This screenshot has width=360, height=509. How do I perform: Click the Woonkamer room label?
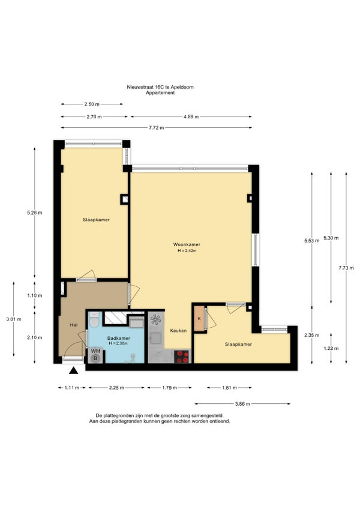pyautogui.click(x=187, y=244)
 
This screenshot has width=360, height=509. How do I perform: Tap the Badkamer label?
pyautogui.click(x=118, y=339)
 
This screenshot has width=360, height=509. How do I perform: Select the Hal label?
pyautogui.click(x=74, y=325)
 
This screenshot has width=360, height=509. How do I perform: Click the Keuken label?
pyautogui.click(x=179, y=331)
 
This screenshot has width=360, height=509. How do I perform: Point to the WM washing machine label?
pyautogui.click(x=95, y=351)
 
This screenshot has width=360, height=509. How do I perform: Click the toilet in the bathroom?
pyautogui.click(x=94, y=320)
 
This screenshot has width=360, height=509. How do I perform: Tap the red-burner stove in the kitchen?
pyautogui.click(x=182, y=357)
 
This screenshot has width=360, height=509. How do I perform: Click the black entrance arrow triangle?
pyautogui.click(x=74, y=370)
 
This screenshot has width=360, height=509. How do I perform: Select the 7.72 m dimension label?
pyautogui.click(x=157, y=128)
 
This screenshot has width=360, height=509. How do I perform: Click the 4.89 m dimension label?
pyautogui.click(x=191, y=116)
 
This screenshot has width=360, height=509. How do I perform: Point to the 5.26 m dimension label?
pyautogui.click(x=35, y=213)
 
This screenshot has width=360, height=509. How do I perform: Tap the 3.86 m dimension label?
pyautogui.click(x=242, y=404)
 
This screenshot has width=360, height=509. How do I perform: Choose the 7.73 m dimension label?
pyautogui.click(x=346, y=268)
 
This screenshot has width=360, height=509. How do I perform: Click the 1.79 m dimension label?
pyautogui.click(x=169, y=388)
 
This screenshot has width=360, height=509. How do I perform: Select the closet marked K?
pyautogui.click(x=199, y=319)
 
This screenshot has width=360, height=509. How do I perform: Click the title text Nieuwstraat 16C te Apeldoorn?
pyautogui.click(x=160, y=87)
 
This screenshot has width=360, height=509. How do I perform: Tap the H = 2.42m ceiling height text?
pyautogui.click(x=187, y=251)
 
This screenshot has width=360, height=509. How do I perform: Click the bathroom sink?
pyautogui.click(x=136, y=322)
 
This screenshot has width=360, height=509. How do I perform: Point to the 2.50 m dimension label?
pyautogui.click(x=92, y=104)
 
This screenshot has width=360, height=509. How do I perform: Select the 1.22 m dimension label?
pyautogui.click(x=331, y=348)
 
